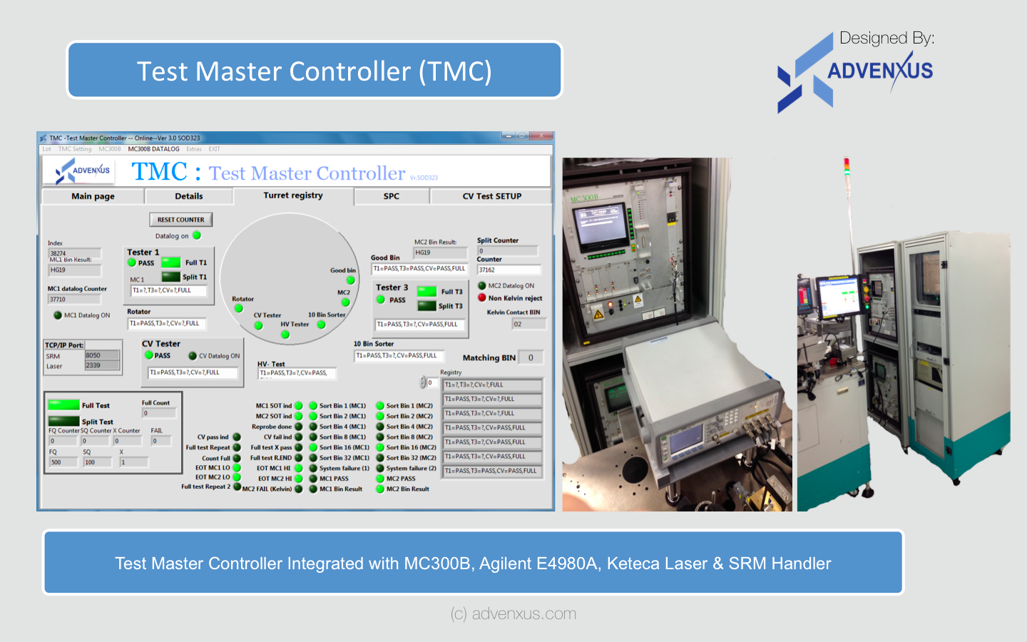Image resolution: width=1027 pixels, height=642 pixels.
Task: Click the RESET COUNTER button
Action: pyautogui.click(x=180, y=220)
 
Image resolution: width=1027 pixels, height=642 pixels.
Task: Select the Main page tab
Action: pyautogui.click(x=93, y=196)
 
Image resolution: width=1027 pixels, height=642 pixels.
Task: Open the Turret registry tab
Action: pyautogui.click(x=292, y=195)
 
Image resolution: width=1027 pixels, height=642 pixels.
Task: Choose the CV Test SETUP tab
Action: pyautogui.click(x=491, y=196)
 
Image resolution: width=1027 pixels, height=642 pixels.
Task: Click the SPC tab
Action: pyautogui.click(x=391, y=196)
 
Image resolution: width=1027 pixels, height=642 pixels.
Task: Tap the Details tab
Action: pyautogui.click(x=188, y=196)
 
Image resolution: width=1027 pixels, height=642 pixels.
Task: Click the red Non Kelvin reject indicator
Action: pyautogui.click(x=482, y=298)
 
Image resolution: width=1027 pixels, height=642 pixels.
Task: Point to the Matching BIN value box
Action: pyautogui.click(x=531, y=358)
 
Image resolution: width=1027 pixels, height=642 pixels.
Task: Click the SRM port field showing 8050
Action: pyautogui.click(x=102, y=355)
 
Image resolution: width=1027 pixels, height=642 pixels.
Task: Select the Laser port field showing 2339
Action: pyautogui.click(x=102, y=365)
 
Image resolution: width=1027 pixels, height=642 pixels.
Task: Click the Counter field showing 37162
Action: pyautogui.click(x=509, y=270)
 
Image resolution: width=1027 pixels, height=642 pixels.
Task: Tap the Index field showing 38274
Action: pyautogui.click(x=74, y=253)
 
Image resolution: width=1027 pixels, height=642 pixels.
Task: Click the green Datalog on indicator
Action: pyautogui.click(x=197, y=235)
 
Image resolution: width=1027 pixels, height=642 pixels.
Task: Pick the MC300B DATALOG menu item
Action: pyautogui.click(x=153, y=149)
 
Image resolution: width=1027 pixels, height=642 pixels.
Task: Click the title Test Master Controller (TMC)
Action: pyautogui.click(x=315, y=71)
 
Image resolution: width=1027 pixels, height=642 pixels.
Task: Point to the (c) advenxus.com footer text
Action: pyautogui.click(x=513, y=613)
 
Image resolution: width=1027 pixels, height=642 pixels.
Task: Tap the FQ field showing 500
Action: pyautogui.click(x=63, y=462)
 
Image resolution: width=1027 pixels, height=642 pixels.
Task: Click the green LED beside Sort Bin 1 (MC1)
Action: pyautogui.click(x=313, y=406)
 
